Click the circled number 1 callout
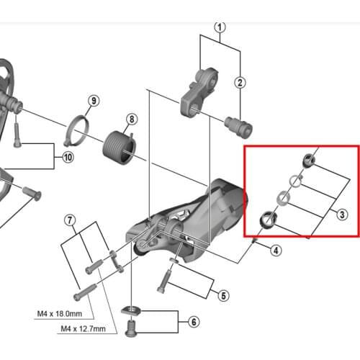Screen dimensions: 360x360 (220, 27)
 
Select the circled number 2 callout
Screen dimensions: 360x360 (240, 83)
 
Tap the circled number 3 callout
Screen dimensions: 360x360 (342, 215)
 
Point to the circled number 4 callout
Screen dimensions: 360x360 (276, 251)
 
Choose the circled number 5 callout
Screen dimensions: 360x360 (223, 296)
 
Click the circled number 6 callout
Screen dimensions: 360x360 (194, 322)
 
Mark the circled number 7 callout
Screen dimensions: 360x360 (70, 220)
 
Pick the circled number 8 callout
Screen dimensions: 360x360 (132, 120)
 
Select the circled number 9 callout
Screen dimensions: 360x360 (94, 101)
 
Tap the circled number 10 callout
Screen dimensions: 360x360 (68, 158)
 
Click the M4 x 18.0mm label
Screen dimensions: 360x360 (60, 314)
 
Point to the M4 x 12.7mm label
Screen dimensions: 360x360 (84, 328)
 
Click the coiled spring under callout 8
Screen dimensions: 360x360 (120, 148)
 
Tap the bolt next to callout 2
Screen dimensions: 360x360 (238, 127)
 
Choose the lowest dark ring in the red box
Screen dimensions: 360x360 (269, 219)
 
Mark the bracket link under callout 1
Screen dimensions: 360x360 (199, 93)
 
